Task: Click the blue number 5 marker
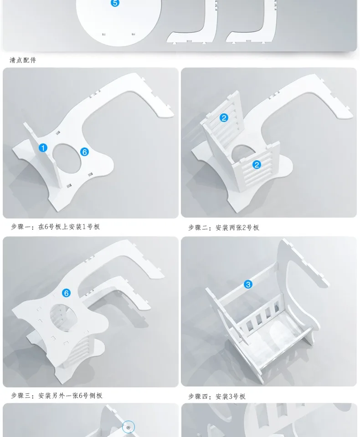[115, 3]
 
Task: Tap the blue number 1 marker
[43, 147]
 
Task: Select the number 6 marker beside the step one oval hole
[84, 152]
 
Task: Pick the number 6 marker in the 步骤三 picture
[67, 293]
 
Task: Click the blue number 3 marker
[248, 285]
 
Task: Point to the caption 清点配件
[23, 60]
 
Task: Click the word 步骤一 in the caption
[21, 227]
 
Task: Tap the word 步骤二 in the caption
[198, 228]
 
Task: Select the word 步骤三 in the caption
[21, 396]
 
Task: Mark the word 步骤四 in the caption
[198, 396]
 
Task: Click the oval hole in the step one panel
[67, 160]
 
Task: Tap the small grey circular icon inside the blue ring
[129, 427]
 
